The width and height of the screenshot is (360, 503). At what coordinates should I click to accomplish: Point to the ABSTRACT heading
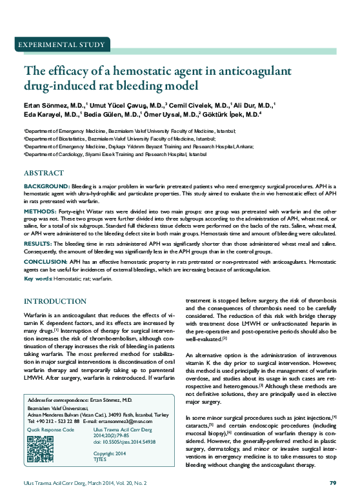tap(43, 174)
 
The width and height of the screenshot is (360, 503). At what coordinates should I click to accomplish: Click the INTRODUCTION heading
tap(55, 301)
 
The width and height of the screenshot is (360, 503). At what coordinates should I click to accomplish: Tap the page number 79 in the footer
tap(333, 482)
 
